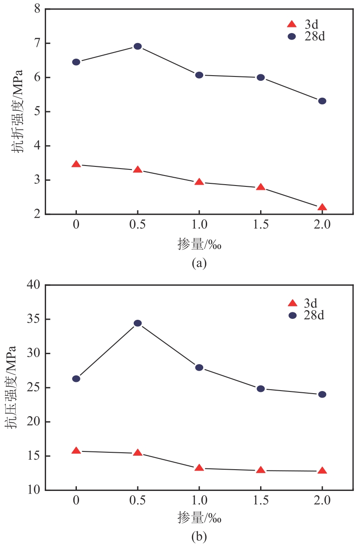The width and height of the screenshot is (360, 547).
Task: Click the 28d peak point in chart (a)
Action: [x=138, y=46]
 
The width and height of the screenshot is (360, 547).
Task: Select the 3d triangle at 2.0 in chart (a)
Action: [x=322, y=207]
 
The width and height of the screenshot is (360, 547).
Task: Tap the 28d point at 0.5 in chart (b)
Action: [x=138, y=323]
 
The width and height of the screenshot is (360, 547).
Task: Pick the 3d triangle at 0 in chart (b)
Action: [x=76, y=451]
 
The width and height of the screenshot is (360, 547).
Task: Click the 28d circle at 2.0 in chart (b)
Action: [x=322, y=395]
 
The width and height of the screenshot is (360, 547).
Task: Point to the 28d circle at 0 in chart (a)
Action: [x=76, y=62]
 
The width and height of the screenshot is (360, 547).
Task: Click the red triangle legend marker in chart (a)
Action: [x=292, y=24]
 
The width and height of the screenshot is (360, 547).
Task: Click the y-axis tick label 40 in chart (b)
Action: [x=33, y=285]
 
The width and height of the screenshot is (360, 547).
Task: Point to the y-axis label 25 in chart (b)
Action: [x=33, y=388]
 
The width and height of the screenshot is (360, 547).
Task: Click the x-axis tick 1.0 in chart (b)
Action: [x=199, y=501]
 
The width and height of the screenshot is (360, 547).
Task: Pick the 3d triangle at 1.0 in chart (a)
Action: [x=199, y=182]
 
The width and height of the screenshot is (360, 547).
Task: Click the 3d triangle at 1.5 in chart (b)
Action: [x=261, y=470]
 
